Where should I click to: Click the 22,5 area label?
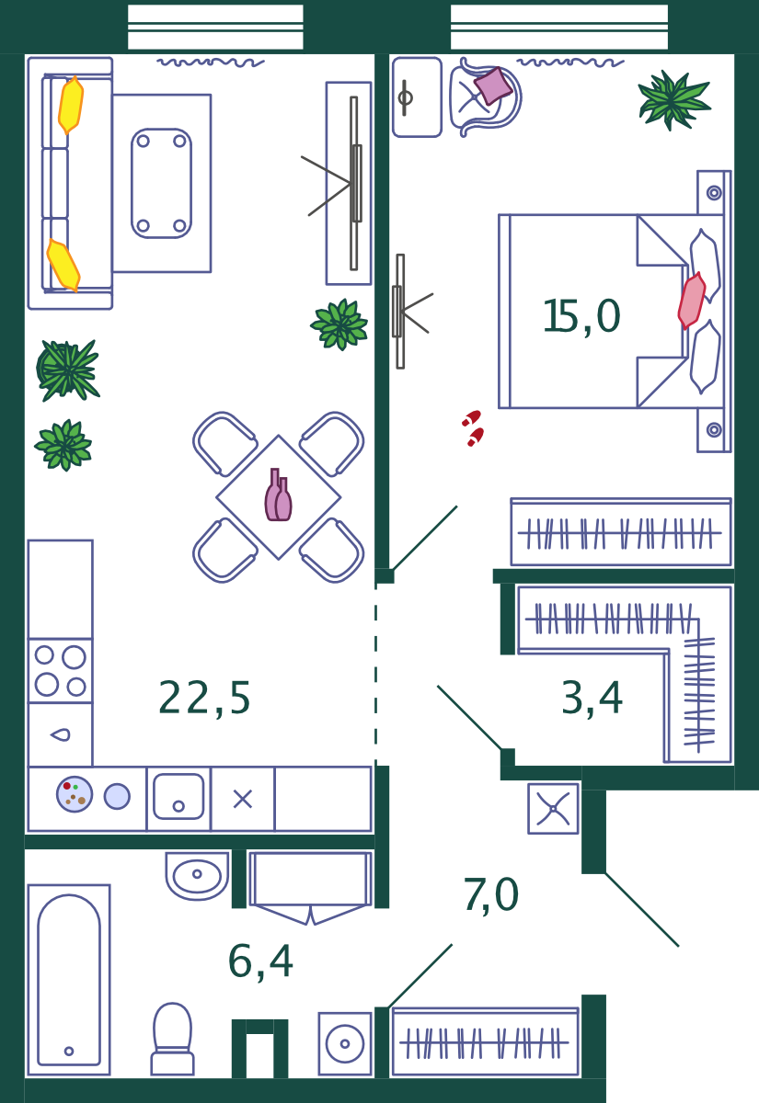pos(204,699)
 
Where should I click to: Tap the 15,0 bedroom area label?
pos(581,316)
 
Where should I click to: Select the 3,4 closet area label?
pos(592,699)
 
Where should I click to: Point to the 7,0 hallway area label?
pos(491,895)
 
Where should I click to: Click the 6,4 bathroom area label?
pos(260,961)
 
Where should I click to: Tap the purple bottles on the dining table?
pos(278,495)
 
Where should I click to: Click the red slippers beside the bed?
pos(473,428)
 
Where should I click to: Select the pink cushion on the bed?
pos(692,301)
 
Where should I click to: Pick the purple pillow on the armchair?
pos(493,85)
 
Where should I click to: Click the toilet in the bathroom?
pos(173,1040)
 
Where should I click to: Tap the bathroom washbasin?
pos(197,874)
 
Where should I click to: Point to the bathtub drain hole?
pos(69,1052)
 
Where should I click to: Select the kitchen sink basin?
pos(178,797)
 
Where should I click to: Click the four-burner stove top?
pos(61,671)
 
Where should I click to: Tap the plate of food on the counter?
pos(75,794)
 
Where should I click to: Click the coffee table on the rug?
pos(162,183)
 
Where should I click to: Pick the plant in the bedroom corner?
pos(674,100)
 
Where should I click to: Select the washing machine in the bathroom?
pos(345,1043)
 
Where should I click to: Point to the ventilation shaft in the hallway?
pos(553,809)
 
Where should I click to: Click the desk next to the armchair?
pos(417,97)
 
